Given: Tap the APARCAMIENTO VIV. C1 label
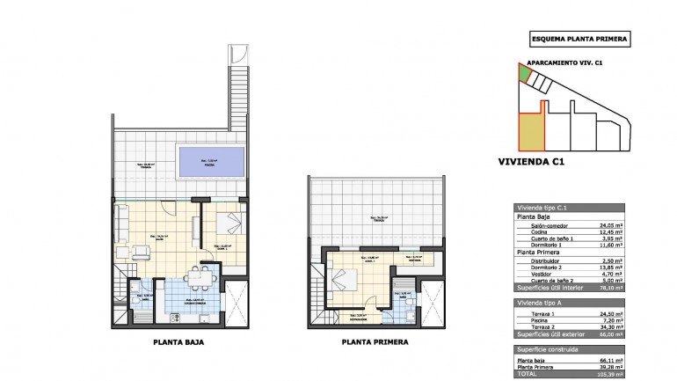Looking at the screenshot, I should pos(564,63).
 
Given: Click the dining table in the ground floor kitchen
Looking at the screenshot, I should pos(203,280).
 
